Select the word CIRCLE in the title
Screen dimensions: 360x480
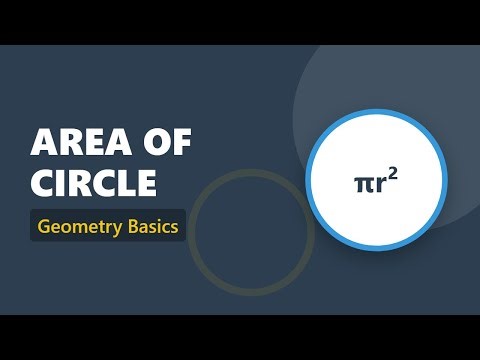pos(94,183)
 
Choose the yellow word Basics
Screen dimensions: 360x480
pos(149,226)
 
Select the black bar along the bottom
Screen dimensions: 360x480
pos(240,337)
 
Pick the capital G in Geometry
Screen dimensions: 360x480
pos(45,226)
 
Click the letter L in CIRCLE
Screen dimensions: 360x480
pos(126,183)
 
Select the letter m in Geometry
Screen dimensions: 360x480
pos(78,227)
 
